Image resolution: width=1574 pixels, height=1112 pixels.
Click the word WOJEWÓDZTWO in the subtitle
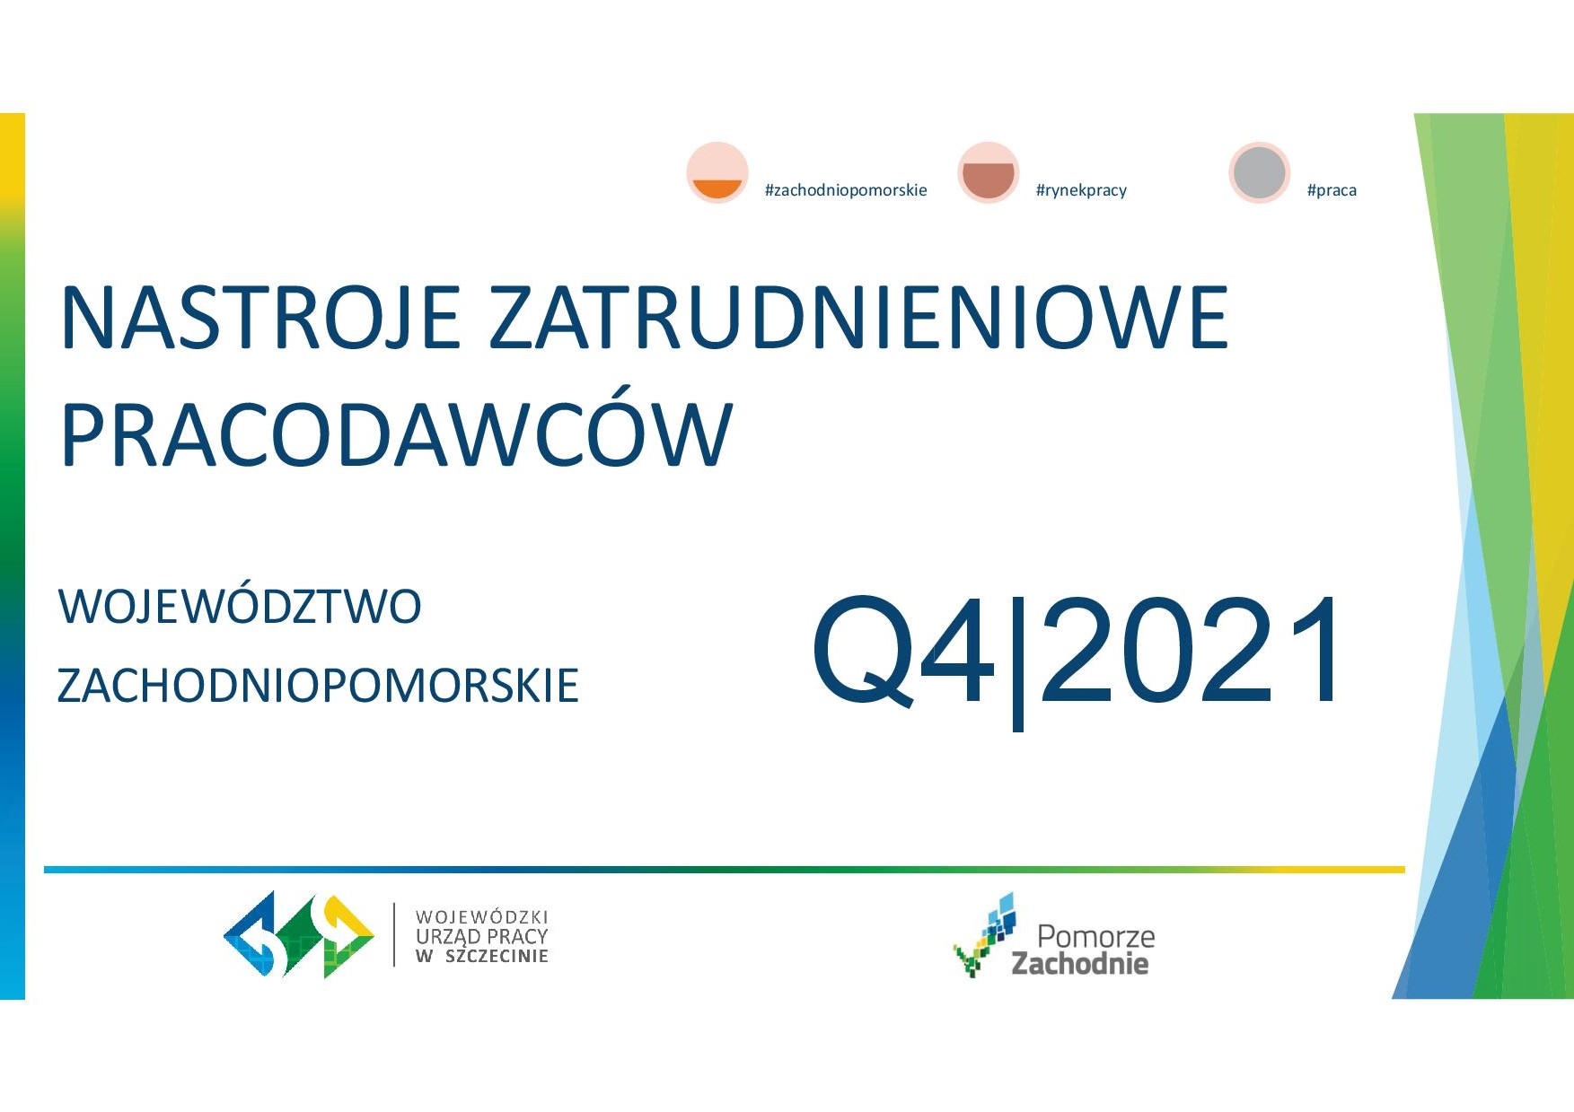(240, 607)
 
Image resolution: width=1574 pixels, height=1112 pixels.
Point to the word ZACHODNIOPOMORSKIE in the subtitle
(318, 686)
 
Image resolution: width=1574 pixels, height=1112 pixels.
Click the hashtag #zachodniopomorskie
(846, 190)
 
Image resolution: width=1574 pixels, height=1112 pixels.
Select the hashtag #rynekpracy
(1081, 190)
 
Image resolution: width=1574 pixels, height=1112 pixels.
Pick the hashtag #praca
(1332, 190)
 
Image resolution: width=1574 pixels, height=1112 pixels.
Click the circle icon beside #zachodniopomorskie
(717, 172)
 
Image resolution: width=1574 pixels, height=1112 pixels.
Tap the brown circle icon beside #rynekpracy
(989, 172)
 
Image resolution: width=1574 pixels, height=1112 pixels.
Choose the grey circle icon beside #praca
(1260, 172)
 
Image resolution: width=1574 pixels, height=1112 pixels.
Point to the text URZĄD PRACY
(481, 936)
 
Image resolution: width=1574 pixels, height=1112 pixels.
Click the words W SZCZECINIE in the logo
(481, 957)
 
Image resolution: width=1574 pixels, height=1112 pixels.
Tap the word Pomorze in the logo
(1096, 937)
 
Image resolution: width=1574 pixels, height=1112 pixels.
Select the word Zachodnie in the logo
(1080, 964)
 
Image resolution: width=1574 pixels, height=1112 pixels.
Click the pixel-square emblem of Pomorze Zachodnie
(985, 934)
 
